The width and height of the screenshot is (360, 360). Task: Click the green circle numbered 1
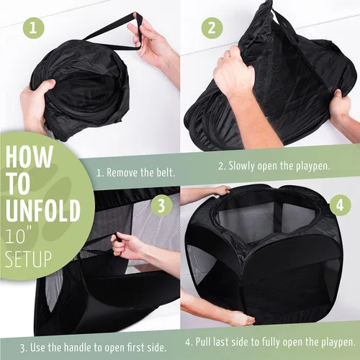[x=34, y=29]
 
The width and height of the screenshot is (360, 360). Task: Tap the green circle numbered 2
[x=212, y=28]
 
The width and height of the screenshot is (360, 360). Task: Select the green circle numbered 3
[x=161, y=205]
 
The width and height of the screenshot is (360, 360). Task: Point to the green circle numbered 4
[x=340, y=205]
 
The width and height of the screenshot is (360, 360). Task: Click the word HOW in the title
[x=29, y=156]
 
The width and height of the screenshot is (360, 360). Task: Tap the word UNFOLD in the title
[x=42, y=211]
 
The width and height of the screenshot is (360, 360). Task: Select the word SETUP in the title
[x=28, y=259]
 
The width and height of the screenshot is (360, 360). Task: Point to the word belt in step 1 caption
[x=166, y=172]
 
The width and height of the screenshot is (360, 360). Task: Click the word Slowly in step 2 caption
[x=241, y=166]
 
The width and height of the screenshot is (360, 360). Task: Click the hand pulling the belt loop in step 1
[x=149, y=41]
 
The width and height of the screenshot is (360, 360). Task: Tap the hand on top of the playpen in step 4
[x=220, y=190]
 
